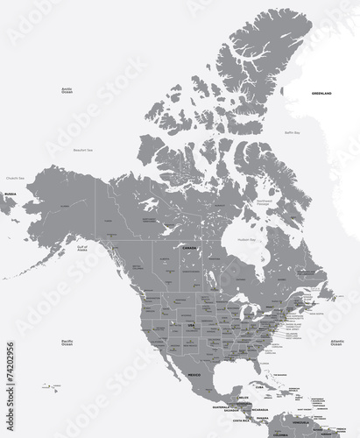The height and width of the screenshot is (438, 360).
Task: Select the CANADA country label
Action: [x=187, y=249]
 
